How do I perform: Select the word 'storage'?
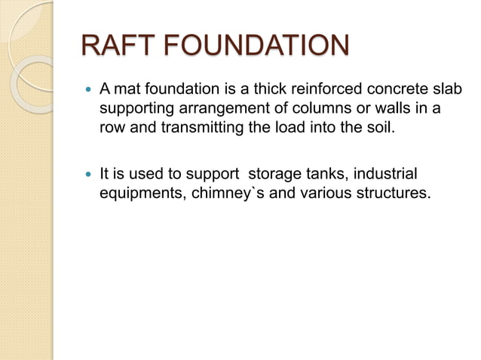pos(274,175)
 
